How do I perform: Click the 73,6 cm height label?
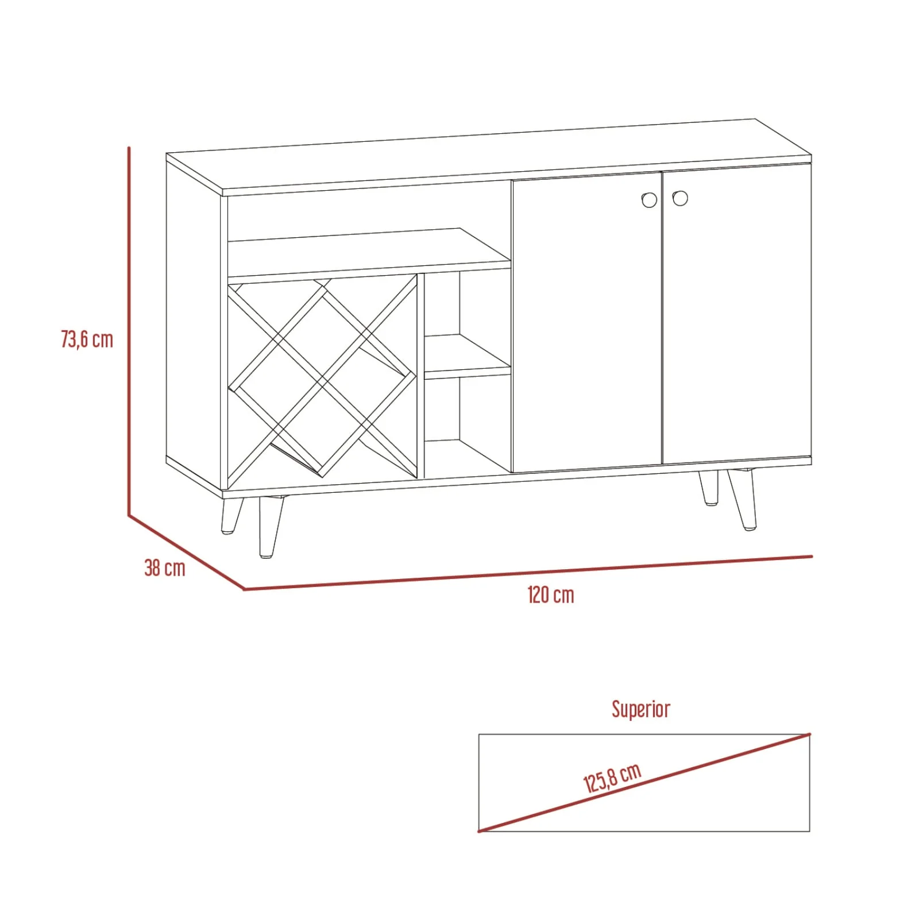pyautogui.click(x=87, y=339)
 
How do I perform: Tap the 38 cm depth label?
pyautogui.click(x=165, y=568)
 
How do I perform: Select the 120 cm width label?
pyautogui.click(x=551, y=594)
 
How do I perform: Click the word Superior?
pyautogui.click(x=640, y=709)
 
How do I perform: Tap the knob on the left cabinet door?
pyautogui.click(x=648, y=199)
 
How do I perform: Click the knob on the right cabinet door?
pyautogui.click(x=680, y=198)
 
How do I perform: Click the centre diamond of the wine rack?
pyautogui.click(x=322, y=380)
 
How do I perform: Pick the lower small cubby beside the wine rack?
pyautogui.click(x=468, y=425)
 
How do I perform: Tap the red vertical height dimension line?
pyautogui.click(x=129, y=331)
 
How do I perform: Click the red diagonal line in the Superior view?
pyautogui.click(x=644, y=782)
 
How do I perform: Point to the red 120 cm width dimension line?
pyautogui.click(x=528, y=573)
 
